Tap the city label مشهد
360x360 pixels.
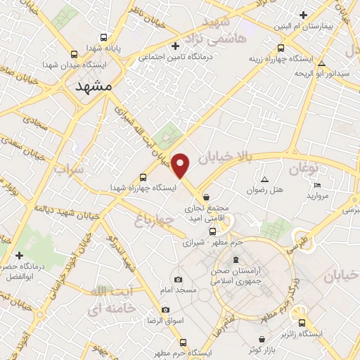[x=94, y=85]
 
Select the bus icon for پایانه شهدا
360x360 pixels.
[x=104, y=37]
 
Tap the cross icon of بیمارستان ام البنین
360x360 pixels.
[x=303, y=15]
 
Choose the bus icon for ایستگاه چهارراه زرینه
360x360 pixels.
[x=281, y=49]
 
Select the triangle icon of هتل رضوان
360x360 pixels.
[x=264, y=179]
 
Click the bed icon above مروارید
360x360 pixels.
[x=317, y=185]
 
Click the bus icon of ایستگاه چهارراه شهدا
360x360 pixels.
[x=143, y=177]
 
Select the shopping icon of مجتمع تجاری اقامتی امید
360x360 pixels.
[x=205, y=197]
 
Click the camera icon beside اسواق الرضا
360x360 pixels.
[x=165, y=309]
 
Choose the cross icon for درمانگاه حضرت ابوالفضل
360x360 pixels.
[x=19, y=255]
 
